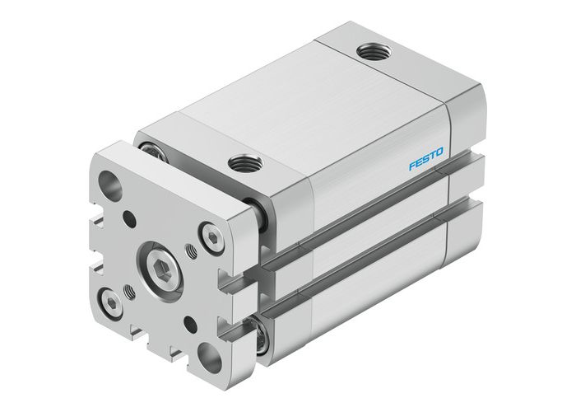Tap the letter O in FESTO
coord(439,152)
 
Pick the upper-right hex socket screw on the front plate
coord(214,239)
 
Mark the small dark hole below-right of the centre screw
coord(190,321)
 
